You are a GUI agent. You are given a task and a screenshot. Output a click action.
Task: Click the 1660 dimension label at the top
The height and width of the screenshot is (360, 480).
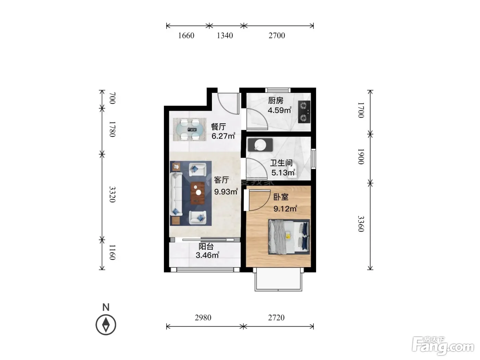pos(186,35)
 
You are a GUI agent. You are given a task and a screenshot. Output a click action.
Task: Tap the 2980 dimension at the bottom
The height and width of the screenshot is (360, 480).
pos(203,317)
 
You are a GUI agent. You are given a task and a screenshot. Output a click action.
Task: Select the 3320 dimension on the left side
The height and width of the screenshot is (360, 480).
pos(112,194)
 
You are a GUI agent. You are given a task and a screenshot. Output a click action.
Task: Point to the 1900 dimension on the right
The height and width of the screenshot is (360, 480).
pos(361,156)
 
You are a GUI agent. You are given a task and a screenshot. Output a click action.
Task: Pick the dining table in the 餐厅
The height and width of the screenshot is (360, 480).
pos(189,130)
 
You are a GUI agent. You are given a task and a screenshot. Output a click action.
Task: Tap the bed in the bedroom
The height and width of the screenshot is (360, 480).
pos(289,237)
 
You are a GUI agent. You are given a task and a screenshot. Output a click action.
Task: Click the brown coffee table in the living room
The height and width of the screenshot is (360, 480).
pos(197,193)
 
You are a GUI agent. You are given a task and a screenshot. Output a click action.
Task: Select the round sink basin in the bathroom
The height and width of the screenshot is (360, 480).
pos(261,145)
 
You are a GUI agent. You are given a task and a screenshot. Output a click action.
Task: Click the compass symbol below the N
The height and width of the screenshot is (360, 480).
pos(106,325)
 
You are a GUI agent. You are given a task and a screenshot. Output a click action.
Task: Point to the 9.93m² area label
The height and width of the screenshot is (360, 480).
pos(226,191)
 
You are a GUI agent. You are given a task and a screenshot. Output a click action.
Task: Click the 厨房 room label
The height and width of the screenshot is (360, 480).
pos(276,100)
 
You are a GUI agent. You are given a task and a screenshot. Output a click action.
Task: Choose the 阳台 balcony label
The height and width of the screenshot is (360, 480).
pos(206,247)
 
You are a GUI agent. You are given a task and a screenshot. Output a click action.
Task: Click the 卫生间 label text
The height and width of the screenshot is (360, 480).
pos(281,163)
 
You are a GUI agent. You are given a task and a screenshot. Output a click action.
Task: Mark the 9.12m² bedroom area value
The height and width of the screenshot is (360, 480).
pos(285,208)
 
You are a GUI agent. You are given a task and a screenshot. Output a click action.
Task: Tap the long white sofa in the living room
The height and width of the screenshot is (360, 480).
pos(176,194)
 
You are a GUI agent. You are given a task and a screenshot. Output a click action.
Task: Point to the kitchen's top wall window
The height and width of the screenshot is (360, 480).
pos(278,90)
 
